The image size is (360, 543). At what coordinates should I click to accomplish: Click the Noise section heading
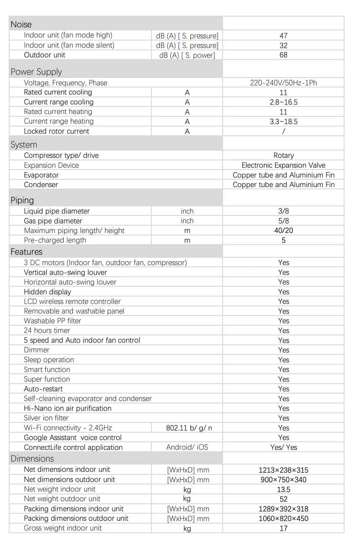[21, 24]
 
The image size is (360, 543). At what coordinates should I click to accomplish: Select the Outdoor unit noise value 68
[283, 55]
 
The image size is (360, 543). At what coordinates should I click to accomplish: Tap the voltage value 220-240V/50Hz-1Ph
[283, 83]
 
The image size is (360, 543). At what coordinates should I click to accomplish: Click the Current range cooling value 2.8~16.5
[283, 102]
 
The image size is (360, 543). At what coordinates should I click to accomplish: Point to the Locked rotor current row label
[56, 131]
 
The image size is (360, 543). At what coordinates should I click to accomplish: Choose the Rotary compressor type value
[283, 155]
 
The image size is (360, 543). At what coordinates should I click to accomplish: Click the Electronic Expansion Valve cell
[283, 165]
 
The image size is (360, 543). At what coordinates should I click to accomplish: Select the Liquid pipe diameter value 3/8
[283, 211]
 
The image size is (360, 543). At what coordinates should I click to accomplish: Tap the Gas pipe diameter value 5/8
[283, 221]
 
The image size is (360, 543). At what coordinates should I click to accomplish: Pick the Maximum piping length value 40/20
[283, 230]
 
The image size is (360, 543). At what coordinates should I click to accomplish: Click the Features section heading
[26, 252]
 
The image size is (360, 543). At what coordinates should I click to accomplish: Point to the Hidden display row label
[48, 292]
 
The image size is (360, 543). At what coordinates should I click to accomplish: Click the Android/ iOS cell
[187, 447]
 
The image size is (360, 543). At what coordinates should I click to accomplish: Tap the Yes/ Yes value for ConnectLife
[283, 447]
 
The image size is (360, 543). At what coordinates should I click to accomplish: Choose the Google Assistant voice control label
[73, 438]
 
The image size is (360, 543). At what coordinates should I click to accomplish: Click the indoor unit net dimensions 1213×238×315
[283, 470]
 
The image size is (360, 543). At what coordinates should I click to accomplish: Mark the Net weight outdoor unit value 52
[283, 499]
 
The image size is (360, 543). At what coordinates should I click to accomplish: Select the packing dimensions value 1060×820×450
[283, 519]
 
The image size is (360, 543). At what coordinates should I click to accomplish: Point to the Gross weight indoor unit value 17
[283, 528]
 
